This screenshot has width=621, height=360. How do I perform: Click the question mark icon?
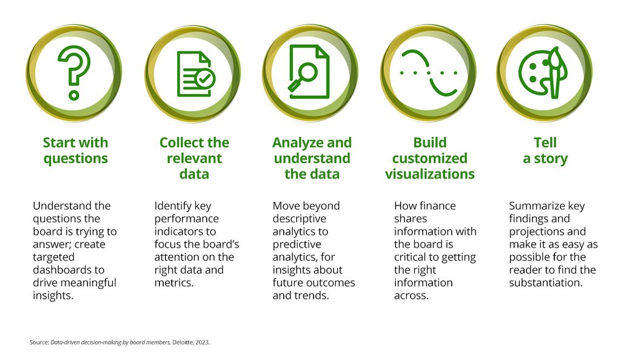74,72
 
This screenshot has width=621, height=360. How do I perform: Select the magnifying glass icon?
309,72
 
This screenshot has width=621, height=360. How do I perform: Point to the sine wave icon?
429,72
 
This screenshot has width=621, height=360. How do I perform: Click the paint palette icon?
543,72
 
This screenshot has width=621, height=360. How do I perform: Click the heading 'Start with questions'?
75,151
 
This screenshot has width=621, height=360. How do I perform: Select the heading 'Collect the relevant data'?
194,158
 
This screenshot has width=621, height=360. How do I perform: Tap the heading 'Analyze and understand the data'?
312,158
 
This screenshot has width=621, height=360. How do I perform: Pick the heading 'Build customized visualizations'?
429,158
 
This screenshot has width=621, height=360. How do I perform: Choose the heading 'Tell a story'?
545,151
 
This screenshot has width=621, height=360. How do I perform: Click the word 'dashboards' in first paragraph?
59,270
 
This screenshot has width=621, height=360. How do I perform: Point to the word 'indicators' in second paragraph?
178,232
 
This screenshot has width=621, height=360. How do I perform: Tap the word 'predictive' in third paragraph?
297,244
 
